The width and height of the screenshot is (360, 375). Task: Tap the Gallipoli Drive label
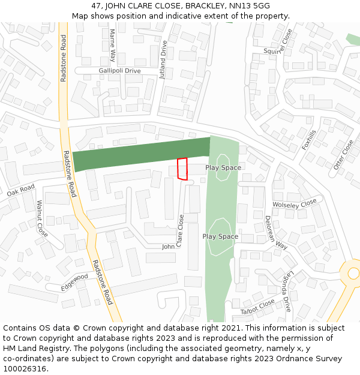coord(119,71)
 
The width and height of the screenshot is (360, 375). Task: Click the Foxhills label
coord(309,140)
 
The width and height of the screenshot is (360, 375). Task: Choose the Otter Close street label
coord(344,155)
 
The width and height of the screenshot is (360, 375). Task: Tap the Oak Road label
coord(21,191)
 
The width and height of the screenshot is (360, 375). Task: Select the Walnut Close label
coord(41,217)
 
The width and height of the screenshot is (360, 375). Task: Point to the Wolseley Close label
coord(294,204)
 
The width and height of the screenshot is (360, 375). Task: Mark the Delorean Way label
coord(276,232)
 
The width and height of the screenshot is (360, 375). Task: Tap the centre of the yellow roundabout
coord(353,274)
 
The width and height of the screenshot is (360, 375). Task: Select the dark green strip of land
coord(141,154)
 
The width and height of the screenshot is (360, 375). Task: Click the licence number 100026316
coord(25,369)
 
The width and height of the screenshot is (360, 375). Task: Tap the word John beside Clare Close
coord(168,247)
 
